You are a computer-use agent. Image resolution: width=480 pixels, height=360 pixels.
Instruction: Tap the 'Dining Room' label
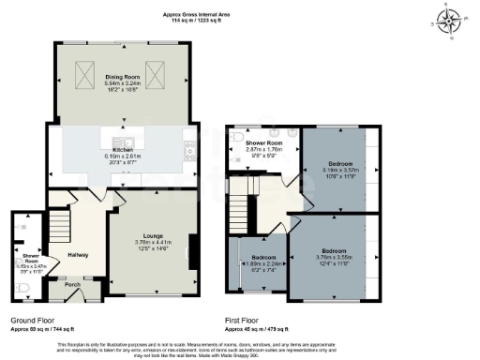(122, 78)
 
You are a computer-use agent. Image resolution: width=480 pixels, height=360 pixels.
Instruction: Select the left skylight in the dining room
(82, 71)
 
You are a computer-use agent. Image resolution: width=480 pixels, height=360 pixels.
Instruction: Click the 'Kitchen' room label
(123, 150)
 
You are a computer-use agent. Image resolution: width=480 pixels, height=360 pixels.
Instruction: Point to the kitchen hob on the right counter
(189, 145)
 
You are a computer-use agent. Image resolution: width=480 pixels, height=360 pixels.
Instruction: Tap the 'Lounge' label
(154, 235)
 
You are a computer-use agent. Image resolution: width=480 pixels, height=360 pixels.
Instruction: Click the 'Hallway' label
(79, 254)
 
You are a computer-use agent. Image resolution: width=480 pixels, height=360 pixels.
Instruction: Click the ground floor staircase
(59, 226)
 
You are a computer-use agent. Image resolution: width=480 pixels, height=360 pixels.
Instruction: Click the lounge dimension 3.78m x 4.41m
(154, 242)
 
